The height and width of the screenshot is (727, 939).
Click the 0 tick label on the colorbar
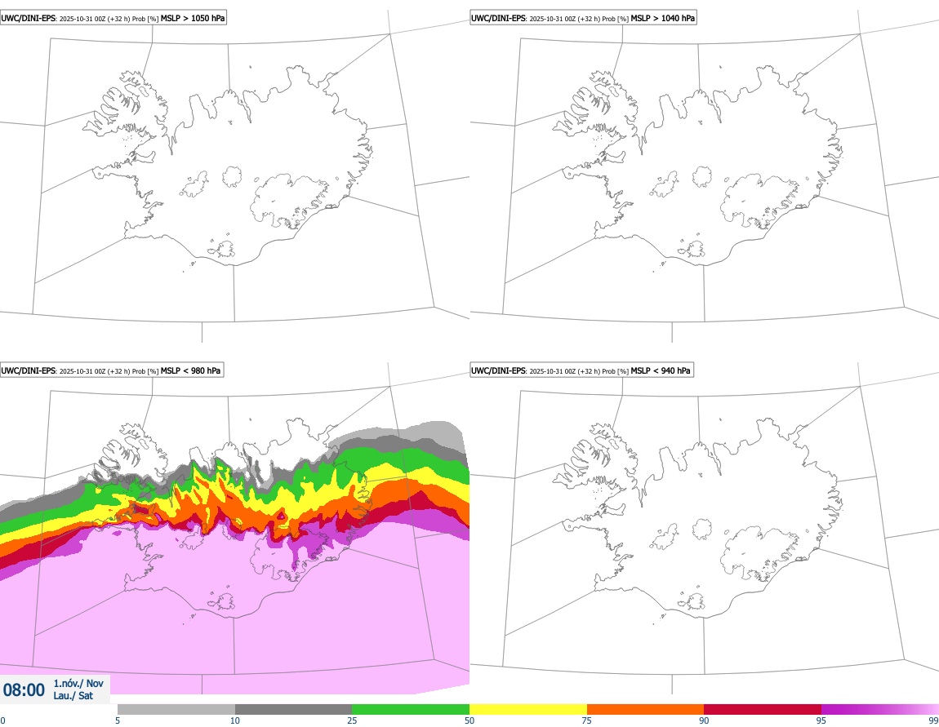click(2, 720)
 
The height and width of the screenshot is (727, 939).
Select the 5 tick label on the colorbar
click(118, 720)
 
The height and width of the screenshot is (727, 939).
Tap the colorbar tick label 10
click(235, 720)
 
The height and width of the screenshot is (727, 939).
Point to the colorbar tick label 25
click(352, 720)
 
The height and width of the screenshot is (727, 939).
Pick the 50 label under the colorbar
click(469, 720)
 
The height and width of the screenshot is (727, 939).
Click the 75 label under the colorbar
click(586, 720)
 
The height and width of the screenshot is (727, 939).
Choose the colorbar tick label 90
click(704, 720)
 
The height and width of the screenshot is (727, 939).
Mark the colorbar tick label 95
click(821, 720)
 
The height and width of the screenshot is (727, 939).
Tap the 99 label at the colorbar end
click(933, 720)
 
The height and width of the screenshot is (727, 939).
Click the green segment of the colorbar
click(411, 709)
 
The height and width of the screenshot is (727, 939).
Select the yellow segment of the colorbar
click(528, 709)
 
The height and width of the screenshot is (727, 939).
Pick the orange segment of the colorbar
click(645, 709)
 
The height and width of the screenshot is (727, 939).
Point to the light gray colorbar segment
click(176, 709)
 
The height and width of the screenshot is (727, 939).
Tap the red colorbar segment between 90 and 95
click(763, 709)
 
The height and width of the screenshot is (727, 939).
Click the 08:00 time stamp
click(24, 690)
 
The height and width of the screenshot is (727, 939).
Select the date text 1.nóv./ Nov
click(78, 684)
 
